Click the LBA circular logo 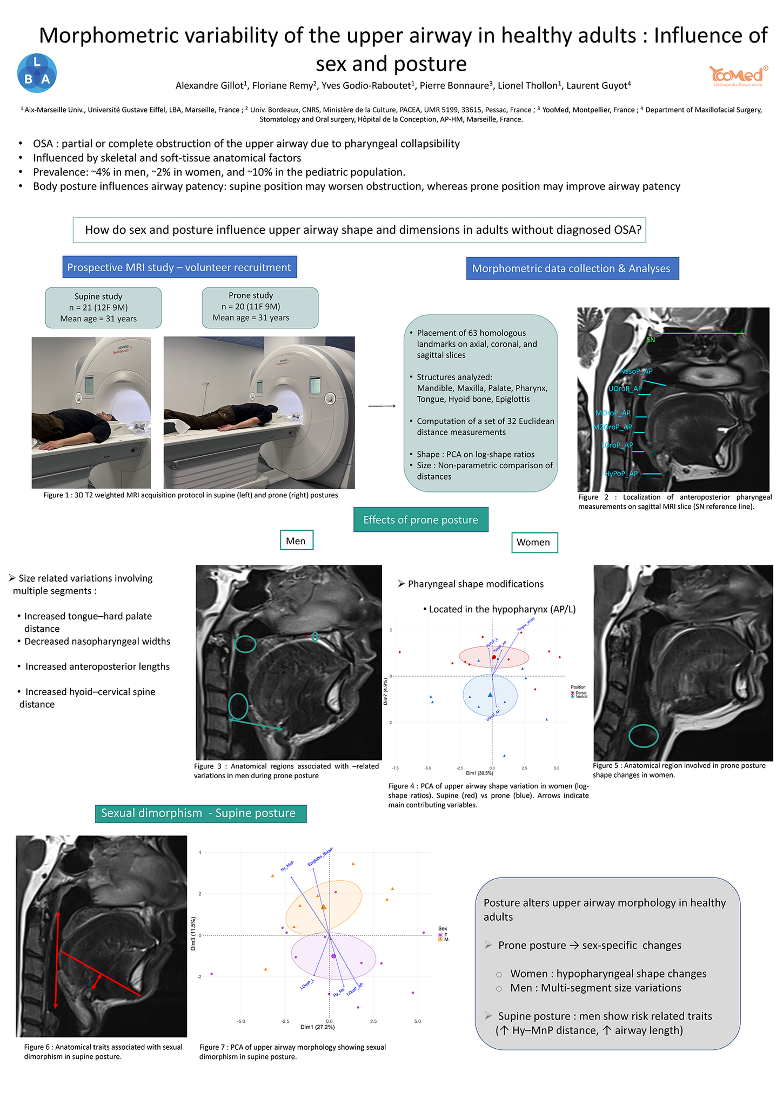(x=37, y=73)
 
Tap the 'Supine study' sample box (x=103, y=307)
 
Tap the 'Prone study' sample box (x=260, y=307)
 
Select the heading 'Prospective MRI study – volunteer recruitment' (x=179, y=267)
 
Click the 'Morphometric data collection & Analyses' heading (x=572, y=268)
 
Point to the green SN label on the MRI (x=651, y=340)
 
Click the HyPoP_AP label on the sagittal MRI (x=621, y=474)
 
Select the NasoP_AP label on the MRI (x=636, y=371)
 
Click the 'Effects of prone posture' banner (x=420, y=520)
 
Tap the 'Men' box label (x=296, y=541)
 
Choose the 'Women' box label (x=533, y=542)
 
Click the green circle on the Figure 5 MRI (x=643, y=736)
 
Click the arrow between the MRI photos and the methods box (x=382, y=406)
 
